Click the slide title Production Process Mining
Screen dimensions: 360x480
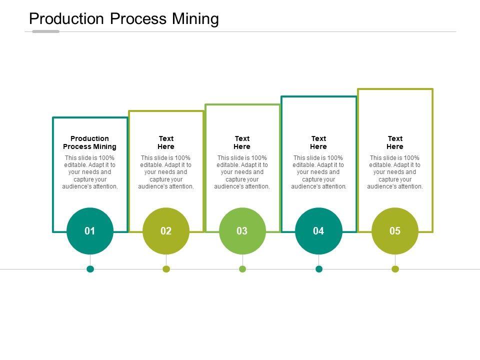click(x=124, y=19)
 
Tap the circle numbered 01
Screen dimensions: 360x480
click(x=90, y=231)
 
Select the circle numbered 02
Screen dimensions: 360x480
click(x=166, y=231)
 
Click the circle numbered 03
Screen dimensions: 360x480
click(x=242, y=231)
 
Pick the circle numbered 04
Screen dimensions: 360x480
click(x=318, y=231)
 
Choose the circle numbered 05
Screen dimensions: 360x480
click(x=395, y=231)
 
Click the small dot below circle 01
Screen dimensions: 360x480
click(x=90, y=269)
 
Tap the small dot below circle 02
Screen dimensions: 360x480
click(x=166, y=269)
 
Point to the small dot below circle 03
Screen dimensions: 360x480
click(x=242, y=269)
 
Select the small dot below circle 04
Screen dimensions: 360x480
click(x=319, y=269)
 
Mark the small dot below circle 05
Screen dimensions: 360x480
click(x=395, y=269)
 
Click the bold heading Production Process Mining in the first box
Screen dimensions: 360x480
click(x=90, y=142)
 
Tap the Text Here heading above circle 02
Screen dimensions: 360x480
click(x=166, y=142)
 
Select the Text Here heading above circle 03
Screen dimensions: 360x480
click(x=242, y=142)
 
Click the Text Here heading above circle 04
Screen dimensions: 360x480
click(x=318, y=142)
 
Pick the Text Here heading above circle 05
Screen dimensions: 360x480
click(x=395, y=142)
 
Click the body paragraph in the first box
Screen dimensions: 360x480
click(x=90, y=172)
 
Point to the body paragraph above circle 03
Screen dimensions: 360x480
click(x=242, y=172)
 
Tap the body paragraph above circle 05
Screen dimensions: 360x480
click(x=395, y=172)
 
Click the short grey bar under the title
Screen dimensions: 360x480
click(x=45, y=31)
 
